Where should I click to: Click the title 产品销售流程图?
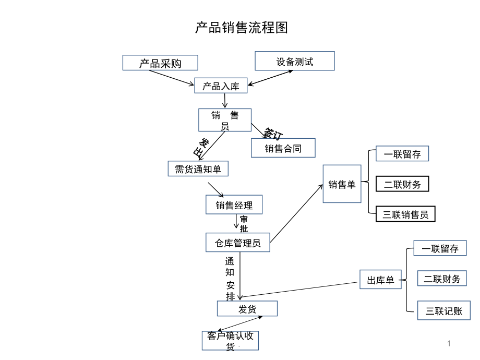pos(242,28)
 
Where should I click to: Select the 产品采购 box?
pos(160,63)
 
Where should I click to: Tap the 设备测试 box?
pos(294,61)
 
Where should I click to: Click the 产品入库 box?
pos(221,86)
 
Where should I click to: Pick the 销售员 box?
pos(225,120)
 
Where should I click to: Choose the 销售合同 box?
pos(283,148)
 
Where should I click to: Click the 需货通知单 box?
pos(198,169)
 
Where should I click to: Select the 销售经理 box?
pos(234,205)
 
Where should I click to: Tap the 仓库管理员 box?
pos(238,243)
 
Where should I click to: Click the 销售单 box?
pos(342,184)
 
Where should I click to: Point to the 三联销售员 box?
pos(405,214)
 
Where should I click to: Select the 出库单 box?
pos(380,280)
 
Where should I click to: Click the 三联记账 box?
pos(444,310)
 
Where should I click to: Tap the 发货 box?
pos(247,308)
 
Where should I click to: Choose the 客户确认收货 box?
pos(230,340)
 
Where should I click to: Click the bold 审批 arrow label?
pos(244,224)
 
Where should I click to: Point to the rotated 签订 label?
pos(273,134)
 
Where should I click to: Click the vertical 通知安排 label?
pos(230,279)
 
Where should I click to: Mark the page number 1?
pos(449,343)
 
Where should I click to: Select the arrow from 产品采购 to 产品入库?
pos(172,78)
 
